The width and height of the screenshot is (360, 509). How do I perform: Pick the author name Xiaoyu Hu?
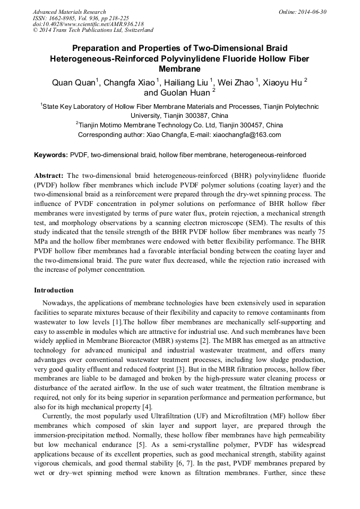[284, 82]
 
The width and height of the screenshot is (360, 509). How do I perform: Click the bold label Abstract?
[49, 175]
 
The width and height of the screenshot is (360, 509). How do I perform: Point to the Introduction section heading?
[54, 290]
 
